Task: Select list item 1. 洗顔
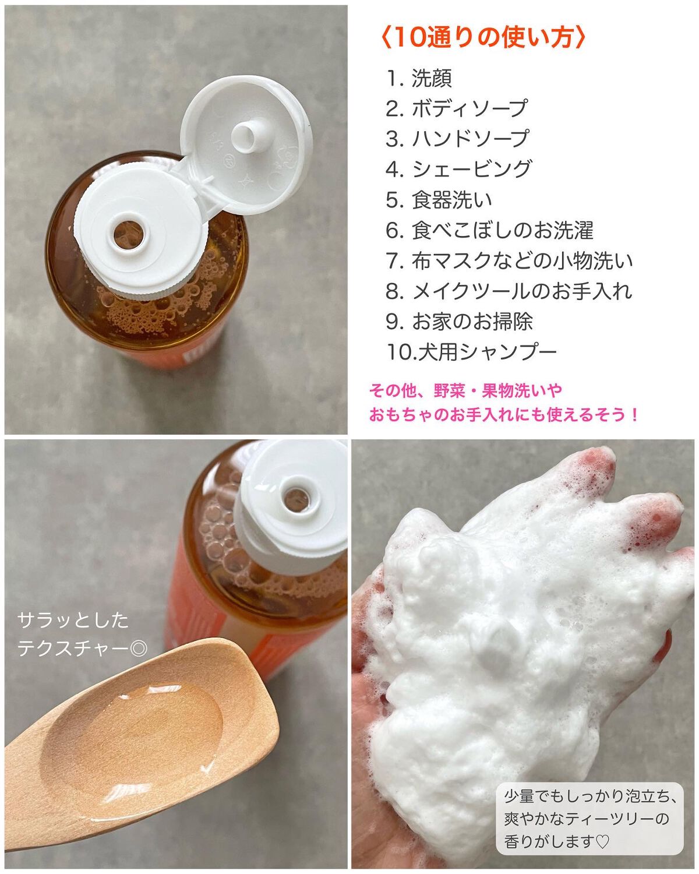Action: coord(419,79)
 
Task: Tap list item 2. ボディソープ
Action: coord(457,108)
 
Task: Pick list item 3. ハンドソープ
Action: coord(457,139)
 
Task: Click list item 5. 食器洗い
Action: coord(439,200)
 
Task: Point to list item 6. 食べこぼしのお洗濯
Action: coord(490,230)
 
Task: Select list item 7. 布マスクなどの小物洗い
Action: coord(510,260)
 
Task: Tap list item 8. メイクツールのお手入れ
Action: coord(509,291)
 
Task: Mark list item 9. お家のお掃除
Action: coord(459,322)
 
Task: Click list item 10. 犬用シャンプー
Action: coord(472,352)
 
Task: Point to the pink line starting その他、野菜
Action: coord(465,391)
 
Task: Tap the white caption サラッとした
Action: coord(73,621)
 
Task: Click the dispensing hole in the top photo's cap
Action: coord(128,235)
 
